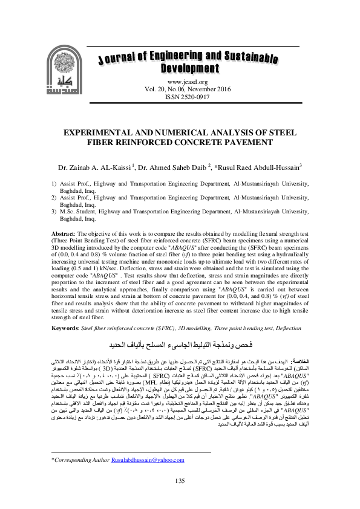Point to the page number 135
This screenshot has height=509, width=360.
coord(179,481)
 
